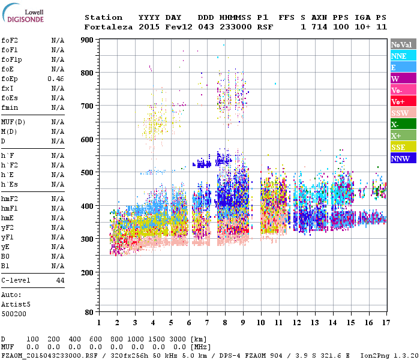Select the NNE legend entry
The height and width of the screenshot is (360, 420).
pyautogui.click(x=403, y=56)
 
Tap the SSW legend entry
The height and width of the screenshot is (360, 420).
pyautogui.click(x=403, y=113)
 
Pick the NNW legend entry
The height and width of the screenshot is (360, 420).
pyautogui.click(x=403, y=158)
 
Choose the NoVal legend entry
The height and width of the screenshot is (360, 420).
pyautogui.click(x=403, y=44)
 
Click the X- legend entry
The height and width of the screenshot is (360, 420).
pyautogui.click(x=403, y=124)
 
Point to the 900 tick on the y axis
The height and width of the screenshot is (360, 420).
pyautogui.click(x=88, y=40)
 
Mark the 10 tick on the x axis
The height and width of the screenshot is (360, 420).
pyautogui.click(x=261, y=322)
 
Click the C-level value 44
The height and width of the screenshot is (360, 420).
pyautogui.click(x=60, y=280)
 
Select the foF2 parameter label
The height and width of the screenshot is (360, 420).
pyautogui.click(x=9, y=40)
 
